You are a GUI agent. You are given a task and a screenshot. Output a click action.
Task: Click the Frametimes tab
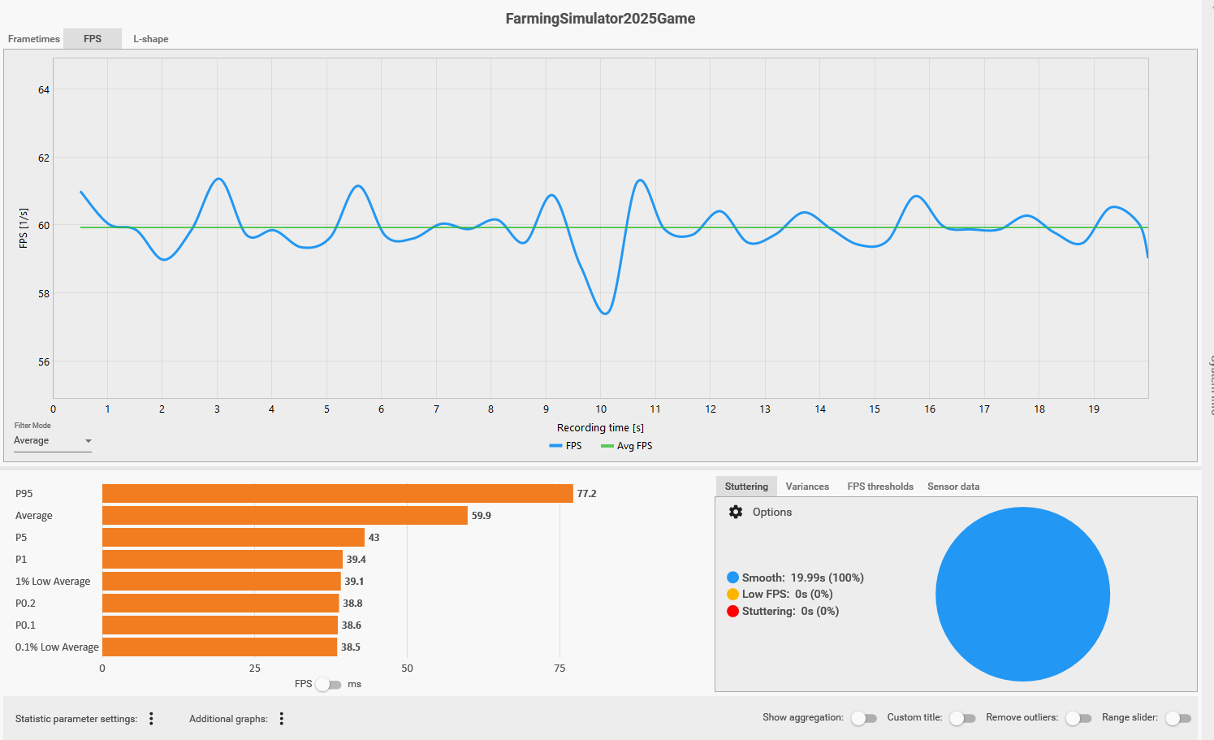click(34, 39)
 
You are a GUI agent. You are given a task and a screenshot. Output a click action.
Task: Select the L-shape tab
click(151, 39)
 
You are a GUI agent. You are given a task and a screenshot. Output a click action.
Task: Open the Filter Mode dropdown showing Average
click(53, 441)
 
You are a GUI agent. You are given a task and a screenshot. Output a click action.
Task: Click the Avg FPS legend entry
click(627, 446)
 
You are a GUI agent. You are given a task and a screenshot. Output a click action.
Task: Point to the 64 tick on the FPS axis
click(44, 90)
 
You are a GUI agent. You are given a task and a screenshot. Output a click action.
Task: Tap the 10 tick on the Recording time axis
click(601, 409)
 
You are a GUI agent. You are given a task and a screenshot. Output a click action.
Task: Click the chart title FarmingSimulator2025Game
click(600, 19)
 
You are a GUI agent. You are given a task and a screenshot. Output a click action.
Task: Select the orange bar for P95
click(337, 494)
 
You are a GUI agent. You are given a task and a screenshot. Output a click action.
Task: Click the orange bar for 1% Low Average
click(221, 582)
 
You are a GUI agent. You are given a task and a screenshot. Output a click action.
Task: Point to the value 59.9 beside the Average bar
click(482, 516)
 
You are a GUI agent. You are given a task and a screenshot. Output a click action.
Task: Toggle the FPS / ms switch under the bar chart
click(328, 685)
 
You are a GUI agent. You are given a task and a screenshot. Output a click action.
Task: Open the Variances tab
click(807, 487)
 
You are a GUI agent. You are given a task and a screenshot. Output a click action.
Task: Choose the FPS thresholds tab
click(880, 487)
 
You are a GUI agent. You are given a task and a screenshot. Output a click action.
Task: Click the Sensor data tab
click(953, 487)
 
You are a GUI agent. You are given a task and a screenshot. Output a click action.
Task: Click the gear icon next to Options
click(736, 513)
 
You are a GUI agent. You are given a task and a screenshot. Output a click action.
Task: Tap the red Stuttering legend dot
click(732, 612)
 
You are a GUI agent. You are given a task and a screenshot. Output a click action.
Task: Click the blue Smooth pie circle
click(1022, 595)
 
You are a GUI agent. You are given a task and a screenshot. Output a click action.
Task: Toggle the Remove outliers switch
click(1078, 718)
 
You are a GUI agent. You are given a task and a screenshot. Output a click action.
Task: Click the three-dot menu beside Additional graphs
click(282, 719)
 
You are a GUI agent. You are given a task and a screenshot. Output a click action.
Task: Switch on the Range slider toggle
click(1177, 718)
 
